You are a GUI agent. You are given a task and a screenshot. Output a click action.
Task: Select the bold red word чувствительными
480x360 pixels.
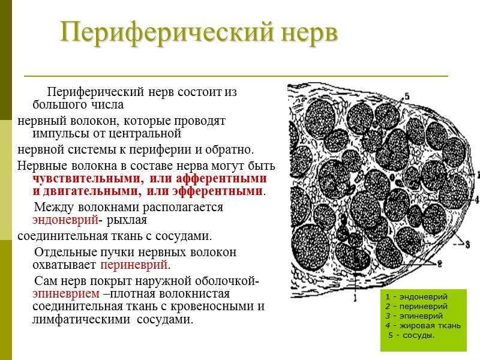pos(89,179)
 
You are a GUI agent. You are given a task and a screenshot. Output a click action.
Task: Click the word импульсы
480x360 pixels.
pos(58,133)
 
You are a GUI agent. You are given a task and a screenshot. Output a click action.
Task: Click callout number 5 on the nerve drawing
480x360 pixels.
pos(407,95)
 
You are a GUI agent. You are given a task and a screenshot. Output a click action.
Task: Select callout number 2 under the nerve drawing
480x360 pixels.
pos(439,264)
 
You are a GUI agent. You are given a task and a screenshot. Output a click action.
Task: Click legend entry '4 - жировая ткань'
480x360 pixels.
pos(423,325)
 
